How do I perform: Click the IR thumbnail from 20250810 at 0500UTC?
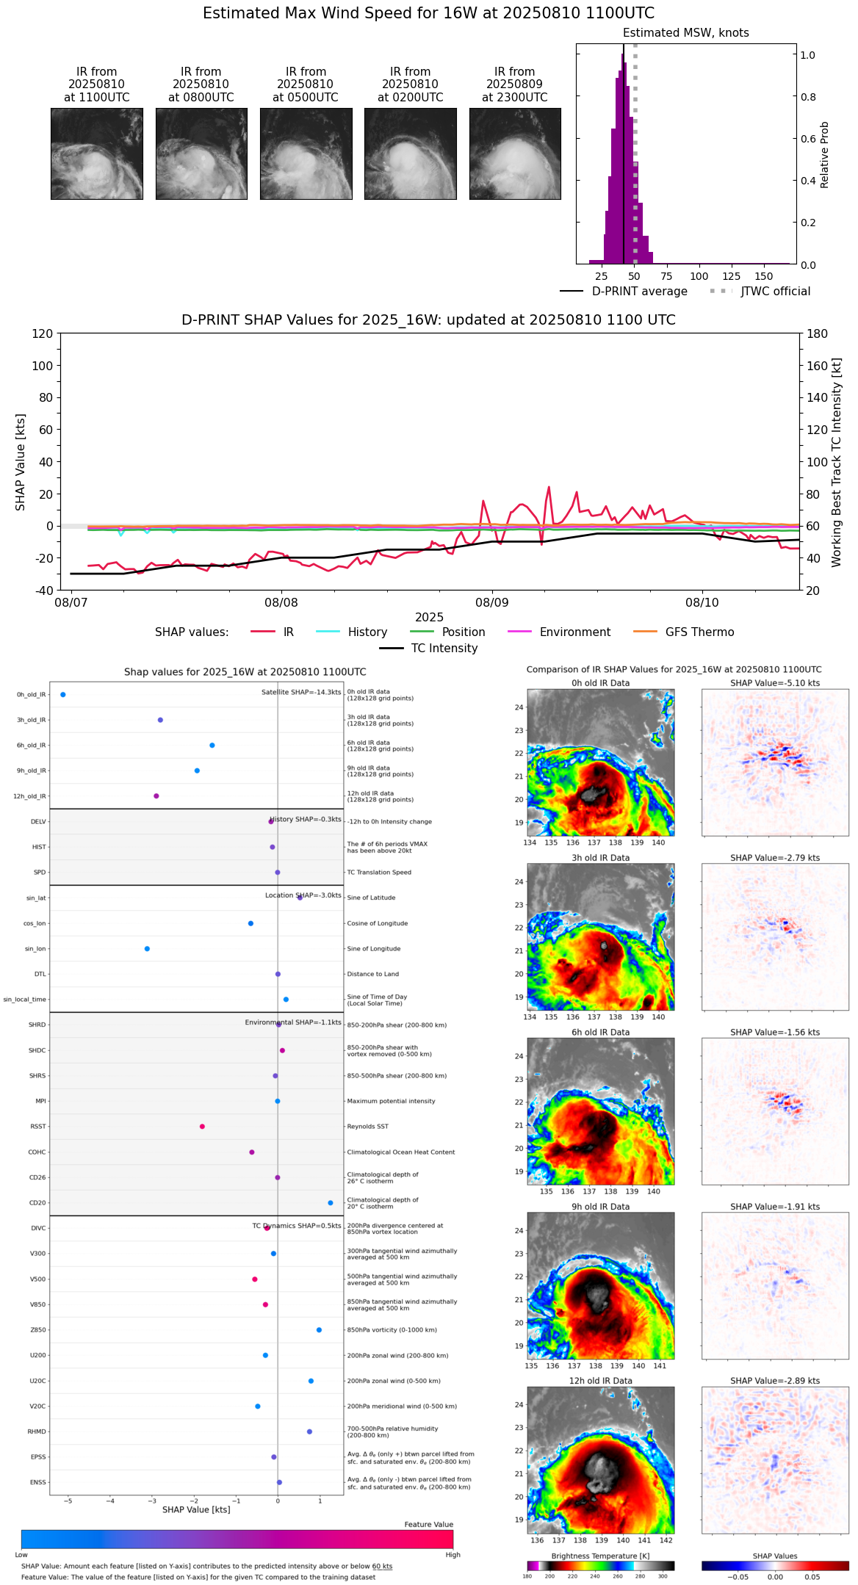click(x=306, y=154)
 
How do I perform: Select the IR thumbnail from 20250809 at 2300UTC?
click(x=515, y=154)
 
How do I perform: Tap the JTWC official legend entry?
click(x=760, y=292)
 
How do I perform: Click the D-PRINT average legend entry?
click(x=624, y=292)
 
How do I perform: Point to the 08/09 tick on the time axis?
click(x=491, y=602)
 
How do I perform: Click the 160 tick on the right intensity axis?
click(x=818, y=366)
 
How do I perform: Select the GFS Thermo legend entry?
click(x=683, y=632)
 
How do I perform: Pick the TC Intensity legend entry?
click(x=428, y=649)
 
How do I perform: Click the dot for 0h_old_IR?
click(x=63, y=695)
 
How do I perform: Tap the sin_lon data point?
click(x=147, y=949)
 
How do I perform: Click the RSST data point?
click(x=202, y=1127)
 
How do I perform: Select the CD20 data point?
click(x=331, y=1203)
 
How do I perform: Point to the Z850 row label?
click(x=37, y=1330)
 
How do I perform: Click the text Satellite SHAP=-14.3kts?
click(x=301, y=693)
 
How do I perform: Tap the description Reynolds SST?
click(x=367, y=1127)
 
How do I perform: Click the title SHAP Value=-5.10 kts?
click(x=775, y=683)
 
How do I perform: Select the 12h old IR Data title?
click(x=600, y=1381)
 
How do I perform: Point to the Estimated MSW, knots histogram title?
click(x=686, y=33)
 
